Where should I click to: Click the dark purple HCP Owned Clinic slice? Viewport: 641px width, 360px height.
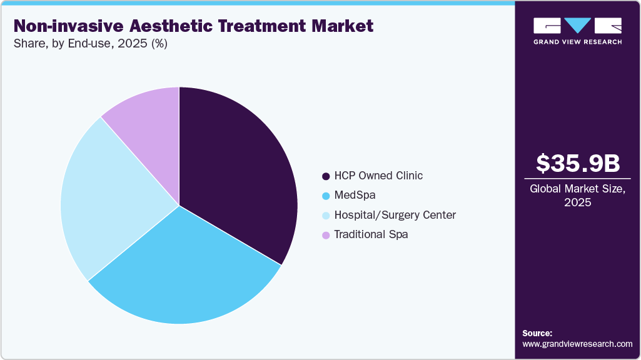(238, 169)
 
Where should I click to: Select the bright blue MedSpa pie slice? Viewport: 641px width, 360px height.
(188, 269)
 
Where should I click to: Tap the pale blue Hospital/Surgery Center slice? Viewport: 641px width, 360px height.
(106, 200)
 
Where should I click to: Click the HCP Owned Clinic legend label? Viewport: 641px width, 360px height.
(378, 176)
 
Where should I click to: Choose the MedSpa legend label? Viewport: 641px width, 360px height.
(355, 195)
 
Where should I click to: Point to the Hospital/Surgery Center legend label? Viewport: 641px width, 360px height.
(395, 215)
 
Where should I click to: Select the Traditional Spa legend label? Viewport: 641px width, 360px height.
(371, 235)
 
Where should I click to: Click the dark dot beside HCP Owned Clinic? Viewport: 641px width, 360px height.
(326, 176)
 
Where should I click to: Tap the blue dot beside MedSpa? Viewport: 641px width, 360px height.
(326, 196)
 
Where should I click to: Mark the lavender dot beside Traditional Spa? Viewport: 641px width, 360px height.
(326, 236)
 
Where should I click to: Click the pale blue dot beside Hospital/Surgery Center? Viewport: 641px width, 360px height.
(326, 216)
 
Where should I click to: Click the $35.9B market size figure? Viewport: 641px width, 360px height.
(578, 163)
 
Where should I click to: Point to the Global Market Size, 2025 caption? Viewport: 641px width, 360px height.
(578, 196)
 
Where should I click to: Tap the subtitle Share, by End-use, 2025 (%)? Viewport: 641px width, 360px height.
(91, 44)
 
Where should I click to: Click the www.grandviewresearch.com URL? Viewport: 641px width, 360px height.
(577, 344)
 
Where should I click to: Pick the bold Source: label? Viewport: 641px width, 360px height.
(537, 333)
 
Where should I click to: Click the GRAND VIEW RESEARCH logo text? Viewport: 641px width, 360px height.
(577, 42)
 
